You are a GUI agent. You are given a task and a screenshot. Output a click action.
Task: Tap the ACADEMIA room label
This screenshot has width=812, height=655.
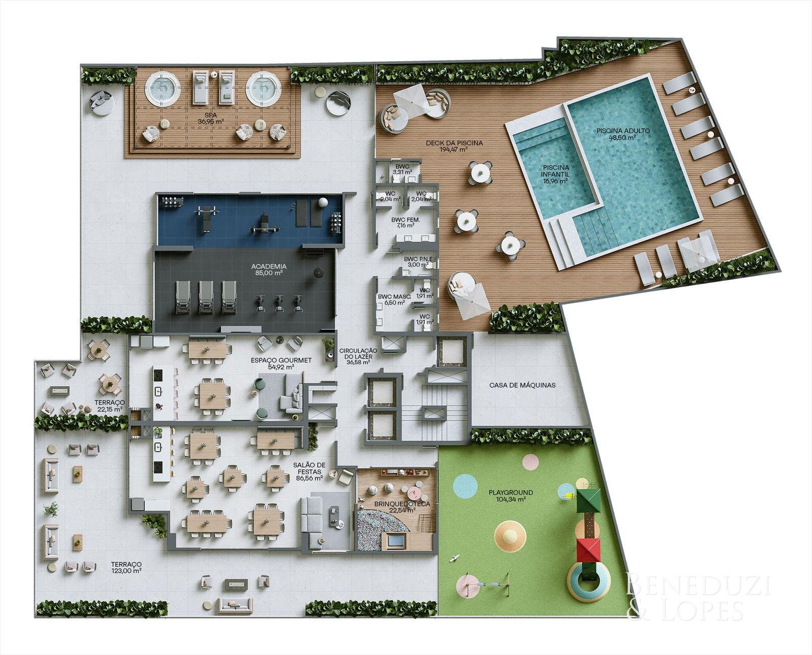pyautogui.click(x=268, y=266)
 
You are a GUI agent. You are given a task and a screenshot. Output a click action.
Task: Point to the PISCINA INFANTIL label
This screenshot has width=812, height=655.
pyautogui.click(x=555, y=170)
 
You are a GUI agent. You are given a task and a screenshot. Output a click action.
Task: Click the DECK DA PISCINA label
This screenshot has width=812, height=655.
pyautogui.click(x=454, y=143)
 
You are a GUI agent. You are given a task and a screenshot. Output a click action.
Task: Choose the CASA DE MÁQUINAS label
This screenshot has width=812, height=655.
pyautogui.click(x=522, y=385)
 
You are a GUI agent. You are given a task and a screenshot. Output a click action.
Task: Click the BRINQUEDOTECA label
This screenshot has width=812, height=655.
pyautogui.click(x=402, y=504)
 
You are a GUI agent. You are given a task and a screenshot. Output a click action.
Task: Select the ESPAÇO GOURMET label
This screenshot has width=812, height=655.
pyautogui.click(x=281, y=360)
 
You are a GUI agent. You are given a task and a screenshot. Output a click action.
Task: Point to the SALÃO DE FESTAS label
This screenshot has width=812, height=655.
pyautogui.click(x=309, y=468)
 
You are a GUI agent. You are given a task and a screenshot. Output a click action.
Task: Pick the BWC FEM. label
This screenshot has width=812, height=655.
pyautogui.click(x=405, y=220)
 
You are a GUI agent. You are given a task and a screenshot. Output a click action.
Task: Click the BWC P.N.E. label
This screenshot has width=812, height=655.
pyautogui.click(x=418, y=259)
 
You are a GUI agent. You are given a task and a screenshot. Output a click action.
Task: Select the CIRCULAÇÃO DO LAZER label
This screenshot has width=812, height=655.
pyautogui.click(x=358, y=354)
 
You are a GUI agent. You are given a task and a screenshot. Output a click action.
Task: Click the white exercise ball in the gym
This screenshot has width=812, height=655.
pyautogui.click(x=323, y=202)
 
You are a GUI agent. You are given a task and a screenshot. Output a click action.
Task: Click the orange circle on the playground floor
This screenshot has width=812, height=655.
pyautogui.click(x=510, y=534)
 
